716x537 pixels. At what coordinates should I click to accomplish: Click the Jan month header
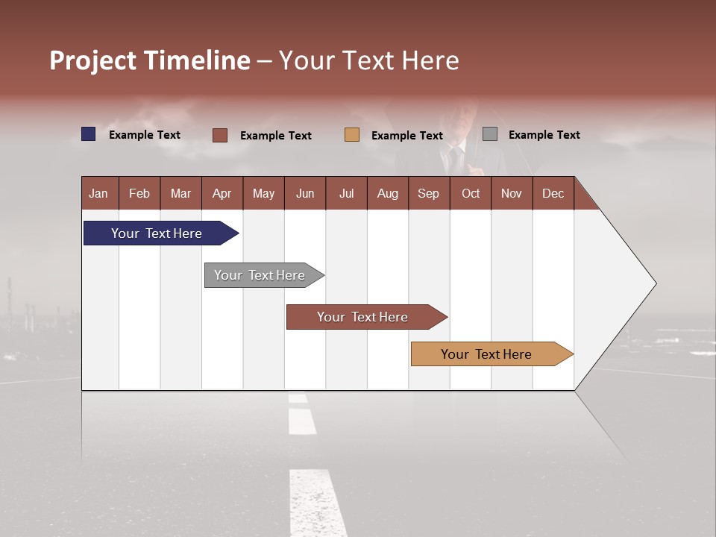[x=98, y=193]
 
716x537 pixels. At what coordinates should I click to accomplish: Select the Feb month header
[x=139, y=193]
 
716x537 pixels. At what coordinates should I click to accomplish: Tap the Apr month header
[x=222, y=193]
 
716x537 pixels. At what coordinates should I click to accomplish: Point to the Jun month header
[x=305, y=193]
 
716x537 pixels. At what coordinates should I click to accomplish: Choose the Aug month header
[x=387, y=193]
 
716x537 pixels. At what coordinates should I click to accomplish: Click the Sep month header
[x=428, y=193]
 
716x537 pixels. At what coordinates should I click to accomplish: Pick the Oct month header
[x=471, y=193]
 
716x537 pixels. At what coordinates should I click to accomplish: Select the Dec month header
[x=553, y=193]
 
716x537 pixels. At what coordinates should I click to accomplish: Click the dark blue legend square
[x=89, y=134]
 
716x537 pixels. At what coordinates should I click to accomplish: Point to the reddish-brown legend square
[x=220, y=135]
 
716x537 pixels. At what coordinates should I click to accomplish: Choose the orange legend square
[x=352, y=135]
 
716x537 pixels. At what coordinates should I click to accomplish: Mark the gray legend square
[x=490, y=134]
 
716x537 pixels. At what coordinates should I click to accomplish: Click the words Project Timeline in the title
[x=149, y=60]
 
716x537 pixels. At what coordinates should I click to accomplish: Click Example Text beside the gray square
[x=544, y=135]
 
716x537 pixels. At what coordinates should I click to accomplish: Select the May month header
[x=263, y=193]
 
